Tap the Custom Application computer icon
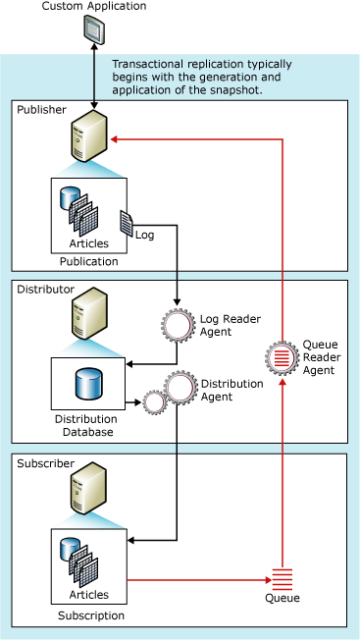(x=92, y=33)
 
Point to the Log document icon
(x=126, y=223)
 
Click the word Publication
(x=89, y=261)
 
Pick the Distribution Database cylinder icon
(x=87, y=378)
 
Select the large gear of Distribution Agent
(x=181, y=389)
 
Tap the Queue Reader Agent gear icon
(x=282, y=357)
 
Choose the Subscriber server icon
(x=87, y=490)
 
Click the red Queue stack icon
(x=283, y=578)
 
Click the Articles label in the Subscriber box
(x=89, y=593)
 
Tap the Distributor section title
(x=46, y=291)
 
